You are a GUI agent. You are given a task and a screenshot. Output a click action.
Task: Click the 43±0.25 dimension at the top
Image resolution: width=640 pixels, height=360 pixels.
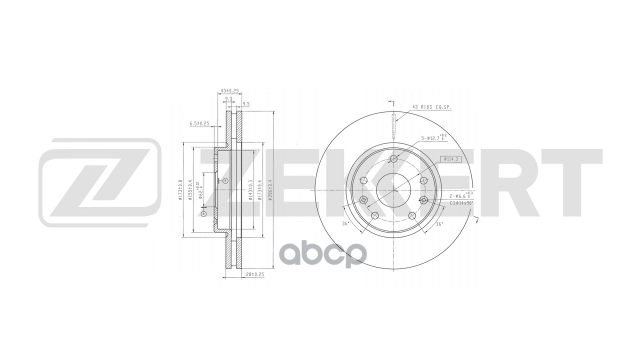coord(229,90)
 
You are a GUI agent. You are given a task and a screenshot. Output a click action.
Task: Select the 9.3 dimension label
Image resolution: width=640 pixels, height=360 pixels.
coord(228,99)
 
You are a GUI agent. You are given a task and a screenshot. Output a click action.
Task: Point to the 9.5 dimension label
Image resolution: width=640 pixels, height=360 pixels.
coord(246,104)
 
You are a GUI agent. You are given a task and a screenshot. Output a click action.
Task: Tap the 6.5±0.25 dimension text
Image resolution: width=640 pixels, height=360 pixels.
coord(199,122)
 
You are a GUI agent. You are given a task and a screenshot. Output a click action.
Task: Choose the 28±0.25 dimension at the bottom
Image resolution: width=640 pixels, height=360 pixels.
coord(255,274)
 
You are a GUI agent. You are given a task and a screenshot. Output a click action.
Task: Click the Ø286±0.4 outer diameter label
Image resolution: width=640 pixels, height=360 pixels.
coord(270,190)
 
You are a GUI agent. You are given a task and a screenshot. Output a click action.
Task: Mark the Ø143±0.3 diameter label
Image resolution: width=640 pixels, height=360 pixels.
coord(250,190)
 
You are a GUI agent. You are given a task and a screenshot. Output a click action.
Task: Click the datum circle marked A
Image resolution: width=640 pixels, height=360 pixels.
coord(203,213)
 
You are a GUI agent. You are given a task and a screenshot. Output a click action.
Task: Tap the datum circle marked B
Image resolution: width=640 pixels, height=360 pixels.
coord(225,180)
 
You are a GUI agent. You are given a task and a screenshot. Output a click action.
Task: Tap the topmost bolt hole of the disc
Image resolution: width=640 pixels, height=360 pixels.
coord(393,159)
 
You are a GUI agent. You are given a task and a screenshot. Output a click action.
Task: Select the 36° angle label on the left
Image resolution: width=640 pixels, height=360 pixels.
coord(345,223)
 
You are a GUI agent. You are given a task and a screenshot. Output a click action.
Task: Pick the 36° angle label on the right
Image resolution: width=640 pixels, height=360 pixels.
coord(439,224)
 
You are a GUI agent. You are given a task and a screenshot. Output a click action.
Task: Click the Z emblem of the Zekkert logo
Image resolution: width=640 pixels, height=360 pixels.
coord(99,182)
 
